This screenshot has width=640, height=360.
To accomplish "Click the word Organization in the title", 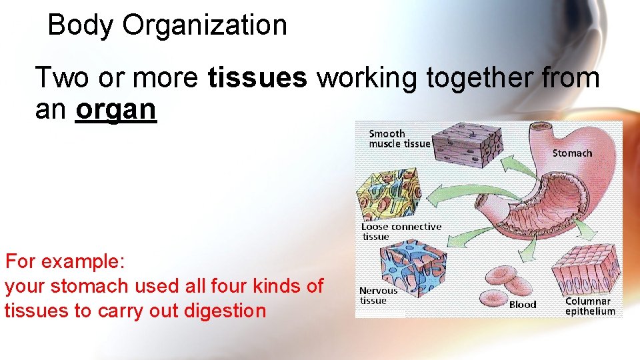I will click(205, 25).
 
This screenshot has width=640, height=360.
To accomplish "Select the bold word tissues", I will click(258, 78).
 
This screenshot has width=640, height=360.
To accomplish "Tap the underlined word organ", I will click(116, 109).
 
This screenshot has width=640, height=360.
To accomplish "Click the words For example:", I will click(61, 261).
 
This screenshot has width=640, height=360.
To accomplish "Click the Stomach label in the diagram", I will click(572, 153).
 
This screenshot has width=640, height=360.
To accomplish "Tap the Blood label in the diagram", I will click(523, 305).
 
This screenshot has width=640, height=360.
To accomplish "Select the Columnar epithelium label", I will click(590, 306).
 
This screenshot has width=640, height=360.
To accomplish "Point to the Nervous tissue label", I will click(378, 295).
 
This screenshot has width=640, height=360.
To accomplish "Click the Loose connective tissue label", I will click(401, 231).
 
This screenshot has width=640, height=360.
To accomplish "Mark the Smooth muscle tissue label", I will click(399, 139).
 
